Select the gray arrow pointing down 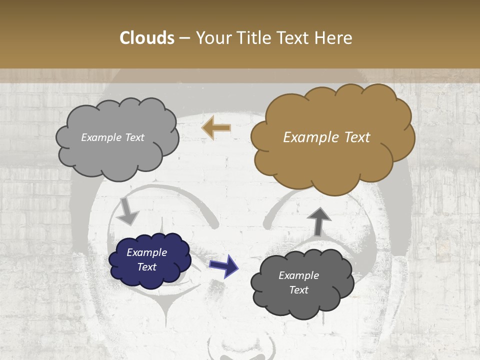pos(127,211)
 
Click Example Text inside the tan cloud pos(326,137)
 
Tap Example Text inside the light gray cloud pos(112,137)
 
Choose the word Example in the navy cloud pos(146,252)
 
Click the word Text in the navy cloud pos(146,267)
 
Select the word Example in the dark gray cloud pos(298,275)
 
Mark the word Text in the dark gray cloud pos(298,290)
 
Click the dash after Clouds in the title pos(184,38)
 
